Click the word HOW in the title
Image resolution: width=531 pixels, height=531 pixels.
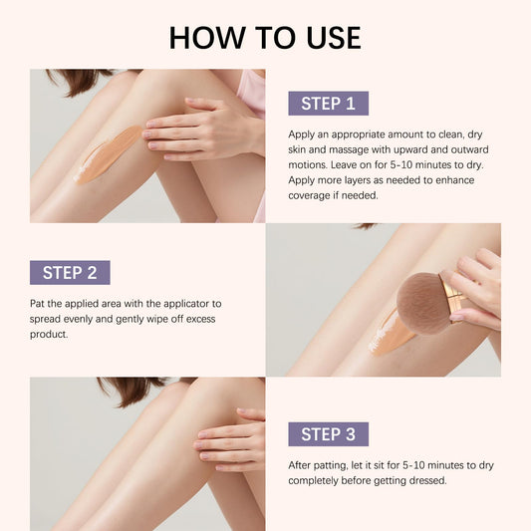click(207, 37)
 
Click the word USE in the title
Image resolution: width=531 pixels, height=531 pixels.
click(334, 37)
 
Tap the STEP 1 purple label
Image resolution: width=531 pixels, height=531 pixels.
click(328, 104)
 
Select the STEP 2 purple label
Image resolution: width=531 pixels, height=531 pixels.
click(70, 273)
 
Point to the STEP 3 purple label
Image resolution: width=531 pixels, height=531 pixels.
click(328, 434)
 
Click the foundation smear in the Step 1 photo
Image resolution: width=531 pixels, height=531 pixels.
click(108, 154)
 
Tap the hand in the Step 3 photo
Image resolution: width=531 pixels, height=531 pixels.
click(230, 440)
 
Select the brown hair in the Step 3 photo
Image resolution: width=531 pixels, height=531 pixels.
click(135, 391)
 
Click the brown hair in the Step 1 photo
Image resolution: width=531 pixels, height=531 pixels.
click(82, 81)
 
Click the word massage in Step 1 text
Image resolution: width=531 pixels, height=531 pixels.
click(349, 149)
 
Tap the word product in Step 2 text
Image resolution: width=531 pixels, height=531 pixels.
click(49, 335)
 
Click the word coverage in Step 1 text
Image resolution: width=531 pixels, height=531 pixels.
click(309, 195)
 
